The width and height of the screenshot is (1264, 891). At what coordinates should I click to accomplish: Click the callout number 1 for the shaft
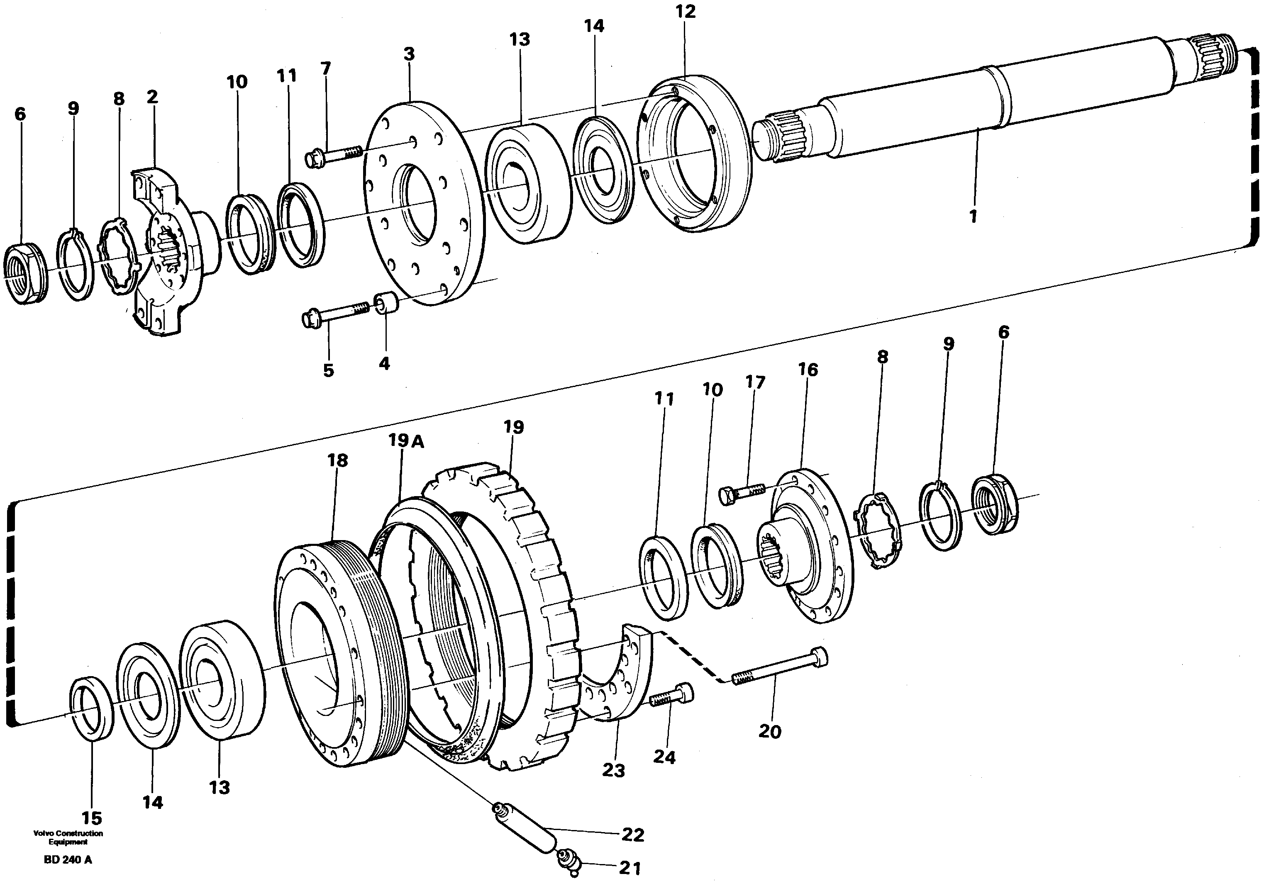[x=973, y=216]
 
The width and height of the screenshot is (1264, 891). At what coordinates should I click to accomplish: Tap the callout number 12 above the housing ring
[x=686, y=12]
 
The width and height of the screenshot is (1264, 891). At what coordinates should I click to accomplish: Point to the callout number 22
[x=632, y=835]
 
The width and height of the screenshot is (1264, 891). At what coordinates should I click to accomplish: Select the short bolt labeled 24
[x=672, y=696]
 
